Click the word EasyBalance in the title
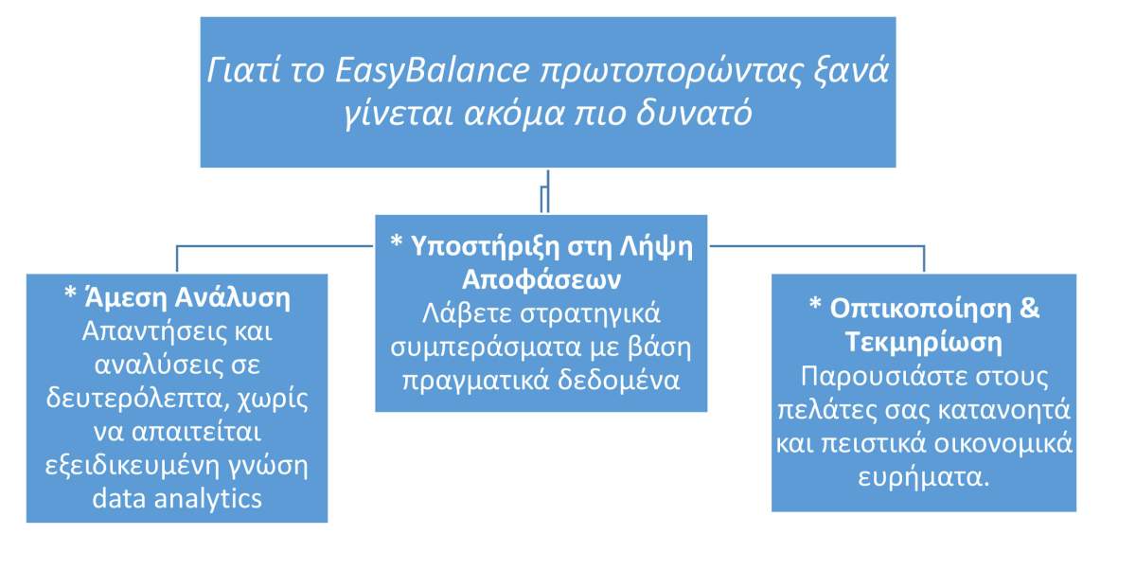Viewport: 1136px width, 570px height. [433, 71]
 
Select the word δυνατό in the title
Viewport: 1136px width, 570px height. [694, 114]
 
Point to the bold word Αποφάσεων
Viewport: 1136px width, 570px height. [541, 279]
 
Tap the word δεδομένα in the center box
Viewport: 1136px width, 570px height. [618, 381]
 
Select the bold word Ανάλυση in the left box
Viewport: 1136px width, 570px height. [233, 297]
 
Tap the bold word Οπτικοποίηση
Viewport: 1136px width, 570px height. [920, 310]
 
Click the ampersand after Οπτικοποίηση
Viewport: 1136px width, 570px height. [1030, 308]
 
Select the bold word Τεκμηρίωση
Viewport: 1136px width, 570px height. [924, 343]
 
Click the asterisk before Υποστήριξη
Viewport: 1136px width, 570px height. [396, 241]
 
